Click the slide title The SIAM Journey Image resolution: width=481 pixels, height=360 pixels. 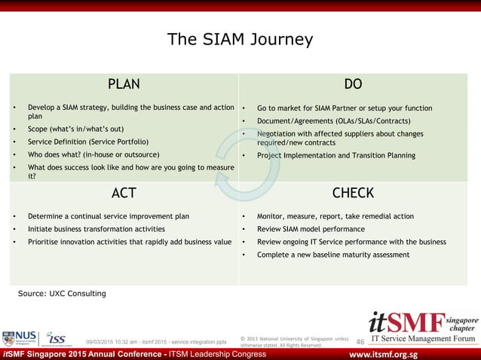tap(240, 39)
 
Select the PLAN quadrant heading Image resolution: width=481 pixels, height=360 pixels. tap(124, 84)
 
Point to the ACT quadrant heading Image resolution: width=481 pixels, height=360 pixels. tap(124, 193)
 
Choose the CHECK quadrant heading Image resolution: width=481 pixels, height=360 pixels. tap(353, 193)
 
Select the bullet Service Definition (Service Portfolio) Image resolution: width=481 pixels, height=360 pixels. tap(88, 142)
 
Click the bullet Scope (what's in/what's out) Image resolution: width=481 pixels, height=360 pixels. tap(75, 129)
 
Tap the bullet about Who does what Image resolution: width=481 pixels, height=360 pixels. tap(93, 154)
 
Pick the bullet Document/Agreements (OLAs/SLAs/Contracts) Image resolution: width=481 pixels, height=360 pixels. tap(333, 121)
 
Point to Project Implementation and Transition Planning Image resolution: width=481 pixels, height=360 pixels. tap(335, 156)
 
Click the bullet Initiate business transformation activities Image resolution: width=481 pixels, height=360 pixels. tap(96, 229)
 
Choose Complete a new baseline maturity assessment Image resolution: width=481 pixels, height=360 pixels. tap(333, 255)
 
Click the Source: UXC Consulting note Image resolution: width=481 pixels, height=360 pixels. tap(62, 293)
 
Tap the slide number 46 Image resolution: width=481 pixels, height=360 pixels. tap(360, 342)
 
